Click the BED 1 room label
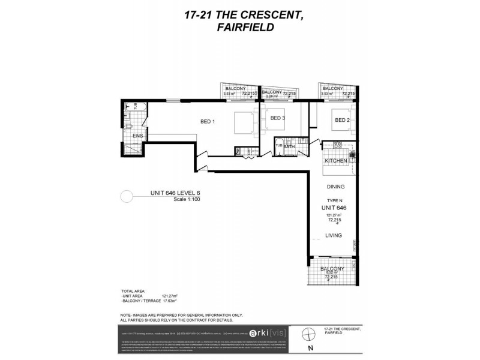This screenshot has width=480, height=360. click(x=208, y=121)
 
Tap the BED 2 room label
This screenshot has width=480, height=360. click(x=342, y=120)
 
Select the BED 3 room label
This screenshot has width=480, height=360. click(x=277, y=118)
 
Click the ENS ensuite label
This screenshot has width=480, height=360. click(x=137, y=136)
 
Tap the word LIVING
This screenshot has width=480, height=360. click(x=334, y=236)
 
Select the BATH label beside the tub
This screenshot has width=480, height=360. click(x=289, y=146)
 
